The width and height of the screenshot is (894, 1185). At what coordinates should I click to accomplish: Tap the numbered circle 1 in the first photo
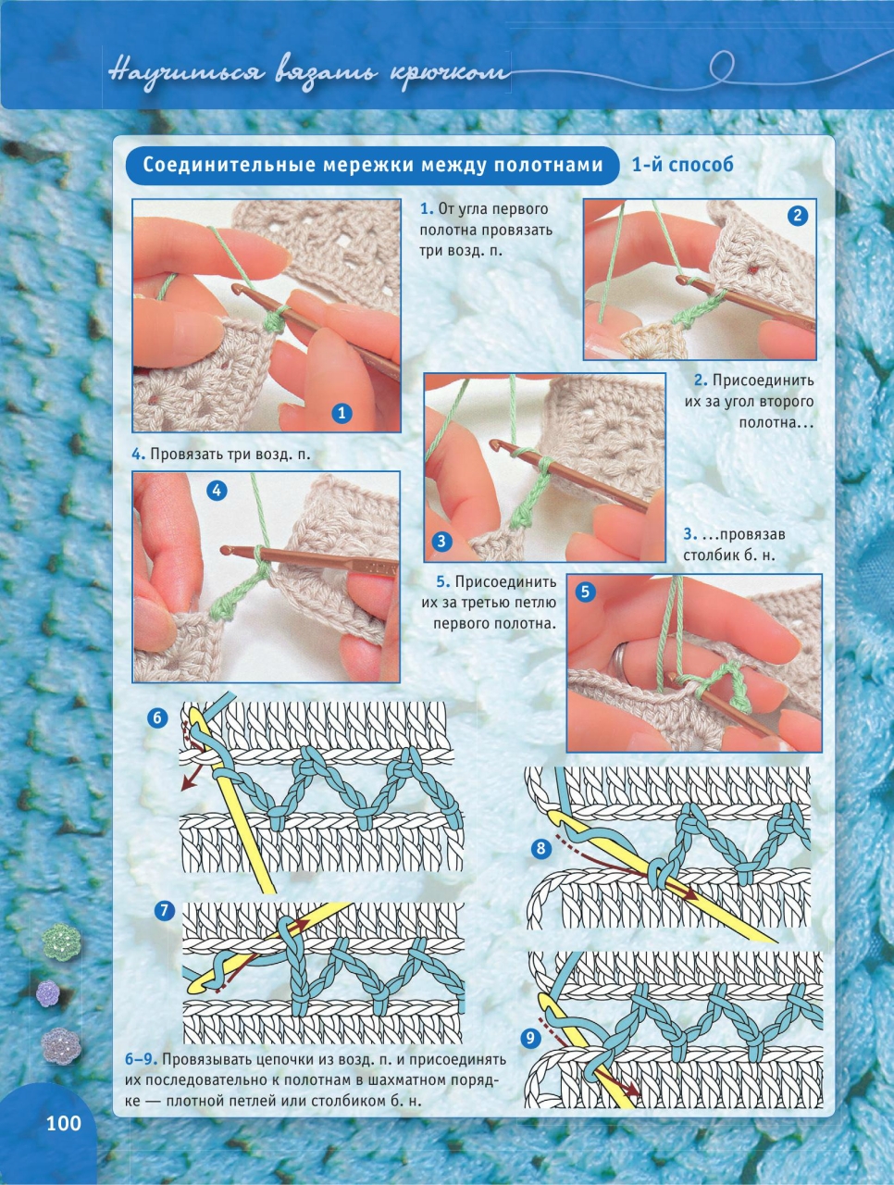(x=341, y=414)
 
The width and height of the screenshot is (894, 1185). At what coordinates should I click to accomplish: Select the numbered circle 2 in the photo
(x=797, y=216)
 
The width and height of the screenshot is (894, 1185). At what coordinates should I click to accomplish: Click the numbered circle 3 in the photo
(x=441, y=541)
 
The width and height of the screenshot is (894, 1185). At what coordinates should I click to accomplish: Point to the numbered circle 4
(x=217, y=490)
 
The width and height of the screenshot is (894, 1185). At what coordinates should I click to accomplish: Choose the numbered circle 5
(x=586, y=592)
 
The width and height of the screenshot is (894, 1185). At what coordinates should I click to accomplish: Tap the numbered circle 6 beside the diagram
(x=157, y=718)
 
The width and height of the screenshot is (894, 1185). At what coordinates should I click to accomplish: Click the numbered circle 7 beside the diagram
(x=165, y=911)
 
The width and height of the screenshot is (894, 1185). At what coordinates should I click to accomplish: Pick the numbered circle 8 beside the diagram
(x=541, y=849)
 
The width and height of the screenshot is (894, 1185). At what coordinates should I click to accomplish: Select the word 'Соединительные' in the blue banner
(x=230, y=165)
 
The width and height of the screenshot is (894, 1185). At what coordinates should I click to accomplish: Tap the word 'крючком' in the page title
(x=450, y=73)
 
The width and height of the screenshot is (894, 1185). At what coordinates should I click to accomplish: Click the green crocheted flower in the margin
(x=61, y=941)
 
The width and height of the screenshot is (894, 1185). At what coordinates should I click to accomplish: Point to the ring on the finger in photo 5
(x=619, y=658)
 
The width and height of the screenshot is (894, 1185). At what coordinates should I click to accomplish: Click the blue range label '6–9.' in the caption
(x=142, y=1060)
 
